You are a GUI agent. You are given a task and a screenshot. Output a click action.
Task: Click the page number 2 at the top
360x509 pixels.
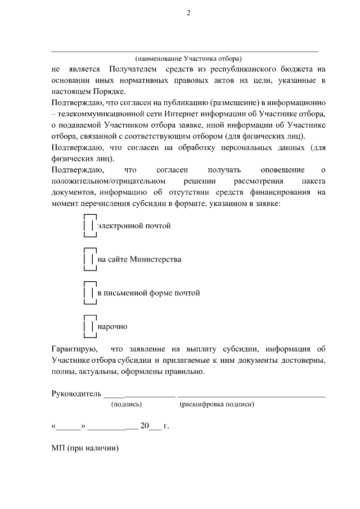[188, 13]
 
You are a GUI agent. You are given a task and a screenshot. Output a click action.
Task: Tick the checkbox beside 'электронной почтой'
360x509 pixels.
[89, 226]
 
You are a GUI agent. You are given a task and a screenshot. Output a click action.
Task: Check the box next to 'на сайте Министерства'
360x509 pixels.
[89, 260]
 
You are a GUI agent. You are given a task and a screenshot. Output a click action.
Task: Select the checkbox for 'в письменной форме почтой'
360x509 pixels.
[89, 293]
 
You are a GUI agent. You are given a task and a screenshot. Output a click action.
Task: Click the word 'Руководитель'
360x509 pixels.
[75, 393]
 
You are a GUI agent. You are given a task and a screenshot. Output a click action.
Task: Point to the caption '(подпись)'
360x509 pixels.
[127, 404]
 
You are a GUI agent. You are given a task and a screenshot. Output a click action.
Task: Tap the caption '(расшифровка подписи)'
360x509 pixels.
[217, 404]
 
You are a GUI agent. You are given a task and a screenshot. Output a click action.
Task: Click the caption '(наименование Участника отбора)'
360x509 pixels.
[189, 58]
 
